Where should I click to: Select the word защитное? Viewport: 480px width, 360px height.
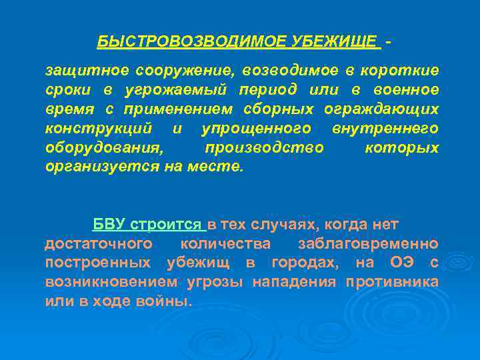pos(86,70)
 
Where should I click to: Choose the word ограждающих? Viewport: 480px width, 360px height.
pos(381,109)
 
